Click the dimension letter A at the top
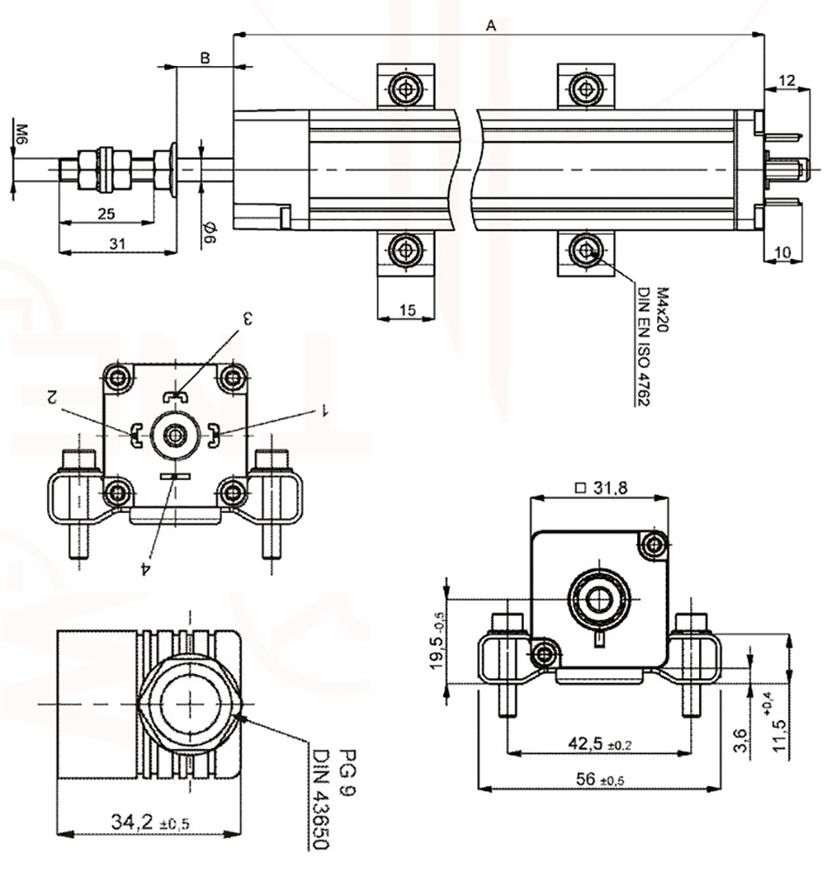coord(491,26)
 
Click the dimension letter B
coord(205,58)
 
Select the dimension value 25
coord(106,214)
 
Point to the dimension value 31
coord(118,244)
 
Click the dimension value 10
coord(783,252)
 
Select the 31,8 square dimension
coord(602,488)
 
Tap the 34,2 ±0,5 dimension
coord(149,820)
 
